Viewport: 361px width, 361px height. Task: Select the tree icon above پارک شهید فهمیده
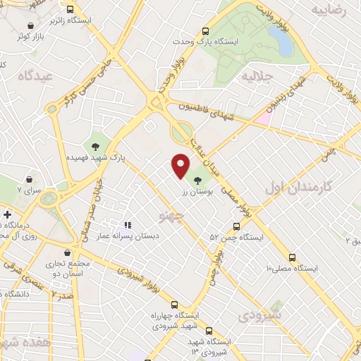(x=94, y=147)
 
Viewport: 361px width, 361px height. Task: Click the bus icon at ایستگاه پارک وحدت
(x=205, y=31)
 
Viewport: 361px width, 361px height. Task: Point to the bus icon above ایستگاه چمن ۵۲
(x=235, y=227)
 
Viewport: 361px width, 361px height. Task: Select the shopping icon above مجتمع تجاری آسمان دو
(x=67, y=252)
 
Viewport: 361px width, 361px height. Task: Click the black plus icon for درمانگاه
(x=7, y=214)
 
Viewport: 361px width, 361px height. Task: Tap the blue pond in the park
(x=283, y=43)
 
